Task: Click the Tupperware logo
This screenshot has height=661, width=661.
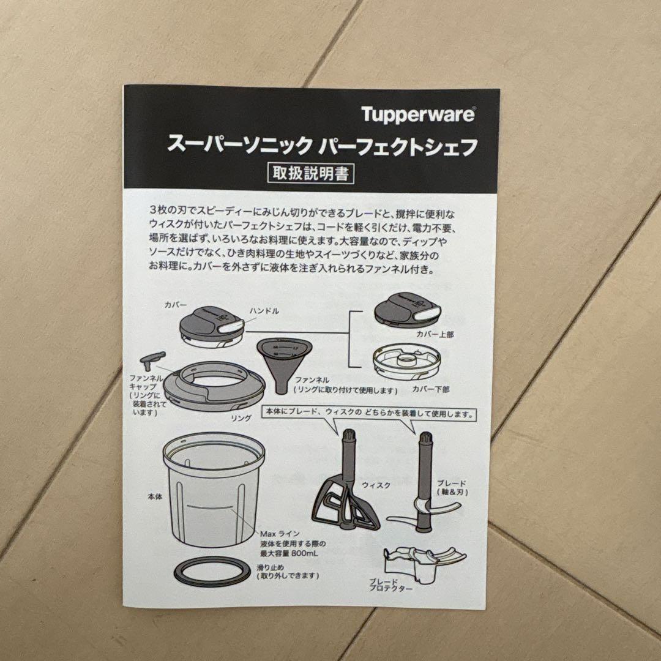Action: [x=417, y=114]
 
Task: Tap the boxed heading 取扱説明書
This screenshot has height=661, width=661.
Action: [x=312, y=173]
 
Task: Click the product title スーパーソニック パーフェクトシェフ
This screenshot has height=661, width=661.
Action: [x=322, y=146]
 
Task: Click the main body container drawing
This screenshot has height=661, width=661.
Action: [x=213, y=490]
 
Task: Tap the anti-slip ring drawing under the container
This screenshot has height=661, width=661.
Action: [x=212, y=573]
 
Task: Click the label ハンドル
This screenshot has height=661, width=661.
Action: [x=264, y=311]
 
